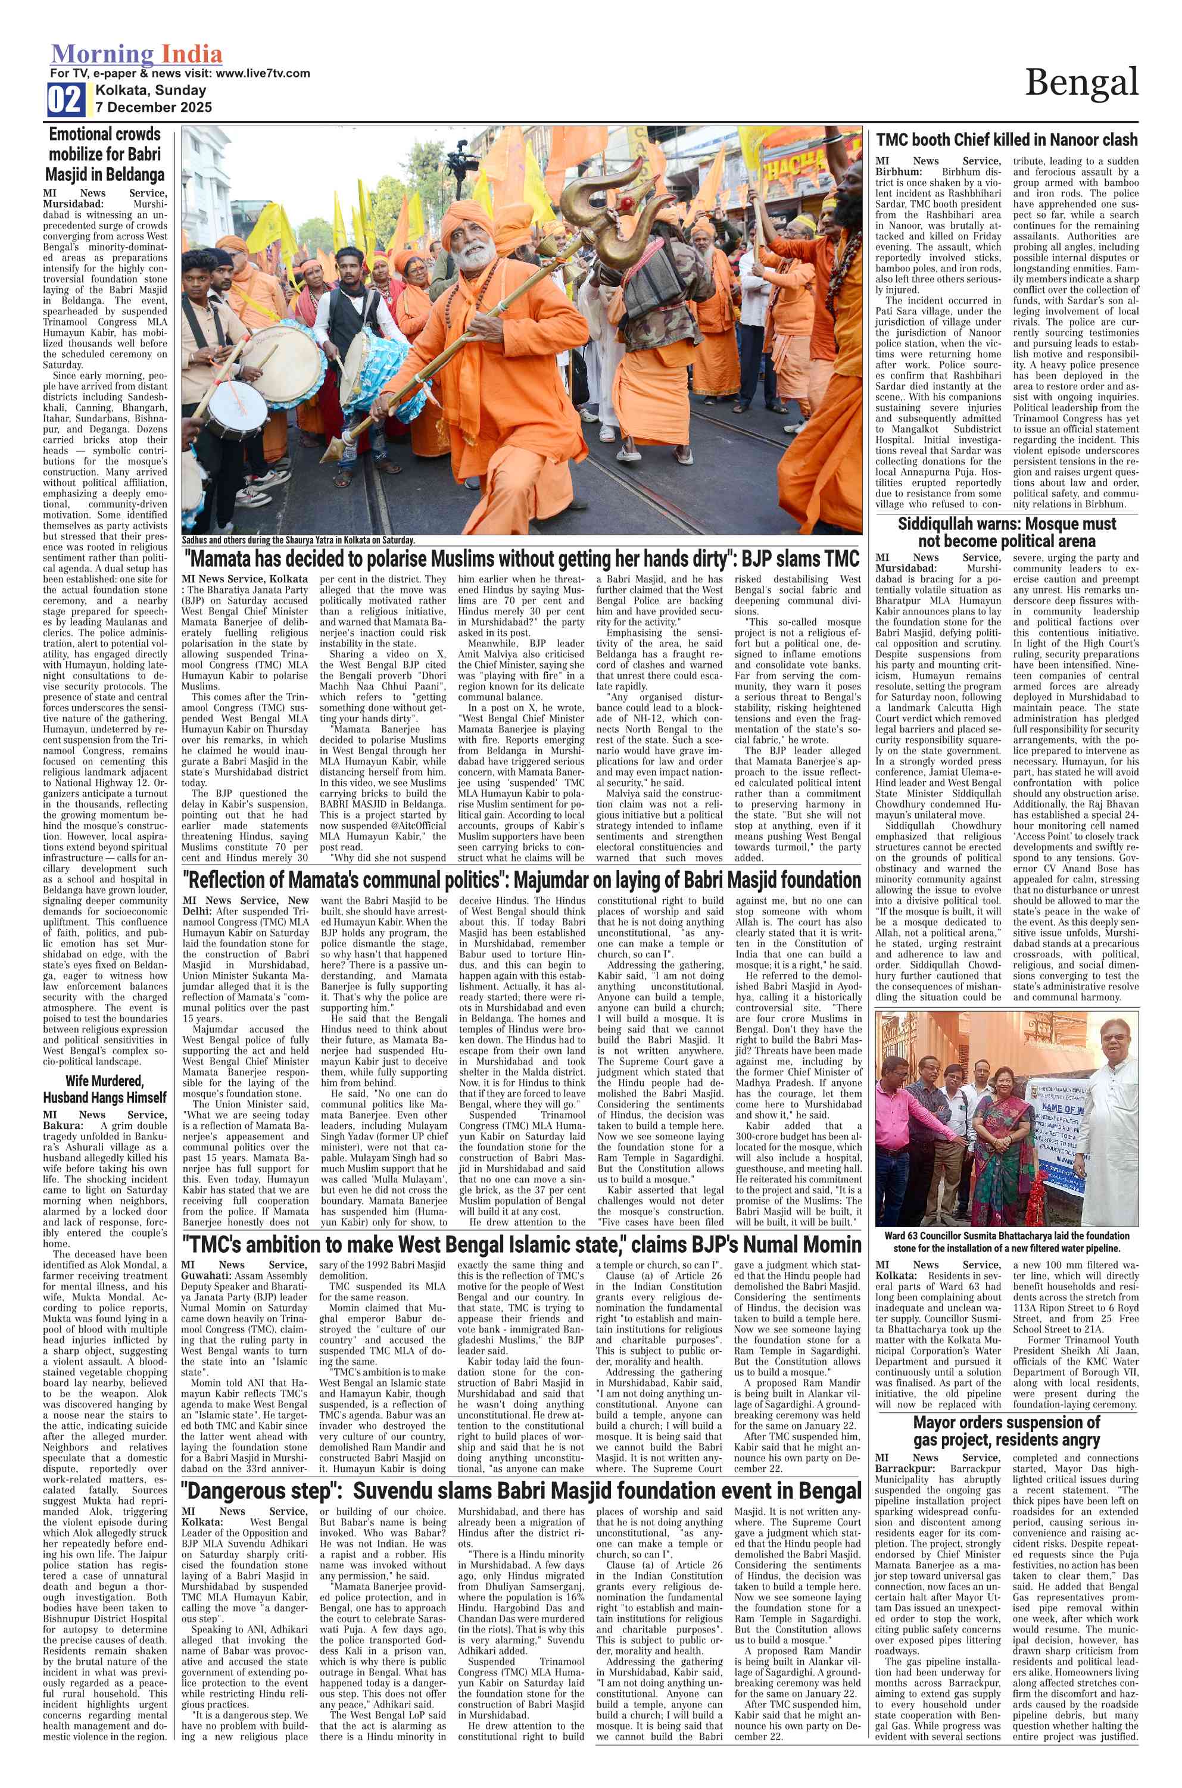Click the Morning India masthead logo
(x=136, y=54)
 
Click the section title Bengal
(x=1081, y=82)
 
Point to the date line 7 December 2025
(x=153, y=107)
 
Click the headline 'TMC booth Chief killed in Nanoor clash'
(x=1006, y=139)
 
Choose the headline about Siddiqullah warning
(x=1006, y=532)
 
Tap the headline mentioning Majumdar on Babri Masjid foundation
(x=520, y=879)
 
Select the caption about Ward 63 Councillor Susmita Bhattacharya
(x=1006, y=1241)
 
